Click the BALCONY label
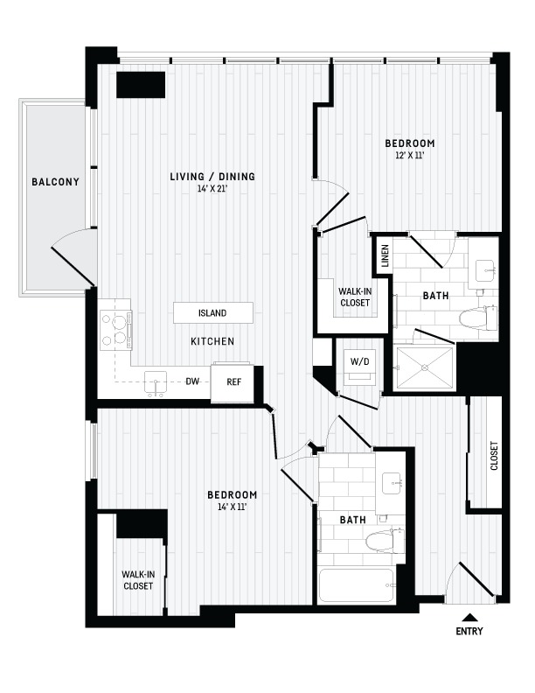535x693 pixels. tap(55, 182)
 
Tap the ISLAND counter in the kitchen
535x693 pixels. tap(213, 313)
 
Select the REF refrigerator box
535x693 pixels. tap(233, 382)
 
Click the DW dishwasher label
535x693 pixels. tap(192, 381)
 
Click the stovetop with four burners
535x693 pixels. tap(115, 330)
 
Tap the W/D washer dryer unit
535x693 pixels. tap(360, 368)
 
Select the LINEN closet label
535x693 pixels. tap(385, 255)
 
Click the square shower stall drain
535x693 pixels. tap(425, 367)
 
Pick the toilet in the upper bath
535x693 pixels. tap(477, 318)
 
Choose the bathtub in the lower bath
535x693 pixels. tap(356, 585)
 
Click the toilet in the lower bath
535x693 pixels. tap(385, 540)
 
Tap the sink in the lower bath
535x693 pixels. tap(393, 484)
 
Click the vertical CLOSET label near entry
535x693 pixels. tap(494, 455)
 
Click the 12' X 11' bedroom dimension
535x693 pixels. tap(410, 155)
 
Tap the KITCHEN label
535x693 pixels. tap(212, 341)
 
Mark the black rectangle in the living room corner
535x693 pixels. tap(141, 84)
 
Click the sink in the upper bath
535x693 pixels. tap(486, 270)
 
